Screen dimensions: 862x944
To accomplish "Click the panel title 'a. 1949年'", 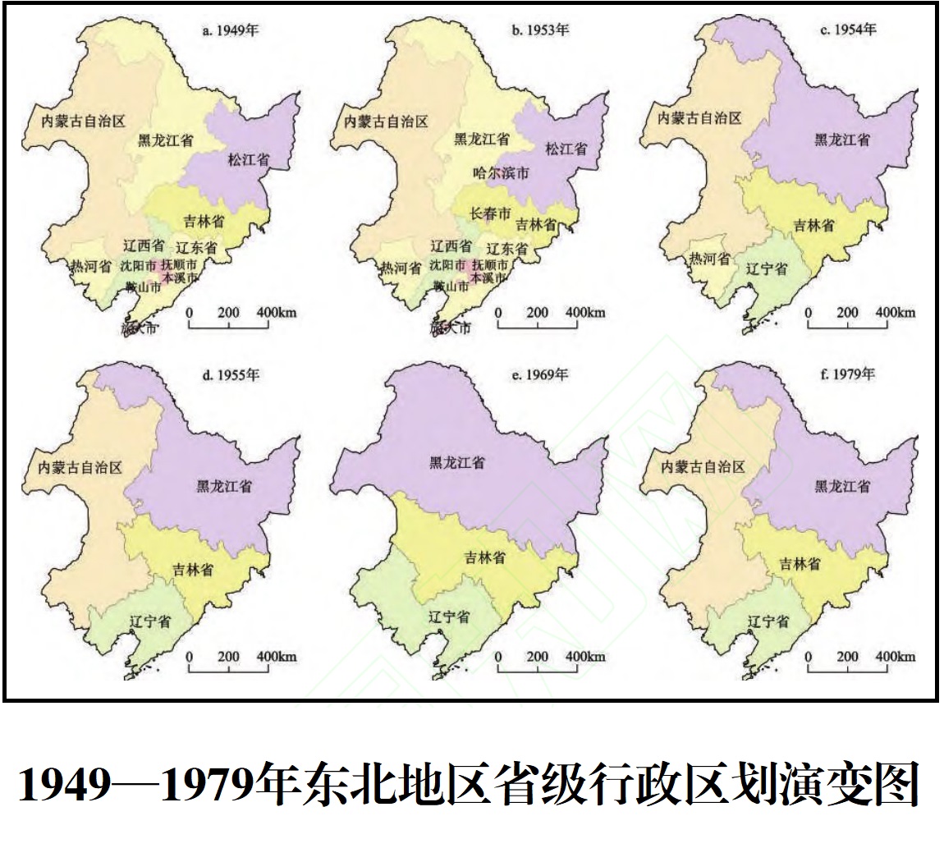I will (231, 32).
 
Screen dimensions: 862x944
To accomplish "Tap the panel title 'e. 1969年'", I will (540, 374).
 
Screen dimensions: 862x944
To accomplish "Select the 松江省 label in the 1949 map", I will (251, 158).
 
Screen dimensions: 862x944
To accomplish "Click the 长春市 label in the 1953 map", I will (488, 213).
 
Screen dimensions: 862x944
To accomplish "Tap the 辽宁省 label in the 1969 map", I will (448, 617).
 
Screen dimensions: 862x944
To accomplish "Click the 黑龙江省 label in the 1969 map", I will (457, 463).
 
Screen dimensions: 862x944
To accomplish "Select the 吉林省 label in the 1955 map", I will (194, 569).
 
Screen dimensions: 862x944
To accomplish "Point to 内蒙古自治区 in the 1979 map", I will (703, 467).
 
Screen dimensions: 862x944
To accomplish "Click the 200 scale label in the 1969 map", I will (538, 657).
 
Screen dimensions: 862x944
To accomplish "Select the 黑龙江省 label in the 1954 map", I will (842, 140).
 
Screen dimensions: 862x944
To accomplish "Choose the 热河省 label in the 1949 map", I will (90, 266).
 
